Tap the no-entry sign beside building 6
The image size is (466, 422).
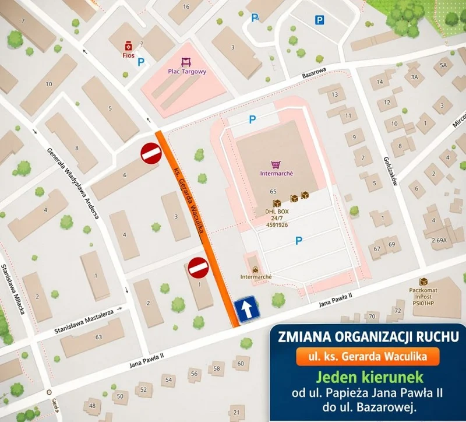coord(151,153)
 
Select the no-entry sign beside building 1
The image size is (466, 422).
coord(197,268)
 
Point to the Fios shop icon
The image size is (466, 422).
coord(127,46)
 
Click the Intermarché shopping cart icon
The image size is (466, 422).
coord(276,165)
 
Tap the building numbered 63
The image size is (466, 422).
coord(97,337)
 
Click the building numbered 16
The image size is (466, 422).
coord(186,6)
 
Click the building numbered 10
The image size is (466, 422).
coord(49,85)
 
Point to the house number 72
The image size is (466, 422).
coord(398,311)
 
